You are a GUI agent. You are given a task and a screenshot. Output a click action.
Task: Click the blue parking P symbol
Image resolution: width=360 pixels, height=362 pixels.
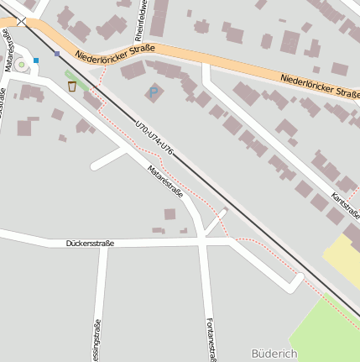[x=153, y=90]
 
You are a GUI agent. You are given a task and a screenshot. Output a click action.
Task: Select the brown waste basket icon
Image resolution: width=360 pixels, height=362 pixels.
[x=72, y=86]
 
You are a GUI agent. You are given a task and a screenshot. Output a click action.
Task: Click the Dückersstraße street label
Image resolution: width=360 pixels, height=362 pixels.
[x=90, y=244]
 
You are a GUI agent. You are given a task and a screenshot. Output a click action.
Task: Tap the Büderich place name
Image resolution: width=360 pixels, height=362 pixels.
[x=274, y=354]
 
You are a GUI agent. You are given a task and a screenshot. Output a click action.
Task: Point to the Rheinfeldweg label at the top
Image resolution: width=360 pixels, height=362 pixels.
[x=143, y=15]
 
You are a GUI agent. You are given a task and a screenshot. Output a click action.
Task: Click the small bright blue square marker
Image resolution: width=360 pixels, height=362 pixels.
[x=36, y=60]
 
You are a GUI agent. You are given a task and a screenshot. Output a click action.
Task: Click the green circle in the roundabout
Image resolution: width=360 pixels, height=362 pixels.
[x=21, y=64]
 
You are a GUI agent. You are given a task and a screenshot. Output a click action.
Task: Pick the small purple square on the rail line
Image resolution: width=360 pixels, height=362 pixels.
[x=57, y=53]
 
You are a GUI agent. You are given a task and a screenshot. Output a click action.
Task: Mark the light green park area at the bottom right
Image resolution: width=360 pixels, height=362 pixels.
[x=323, y=328]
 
